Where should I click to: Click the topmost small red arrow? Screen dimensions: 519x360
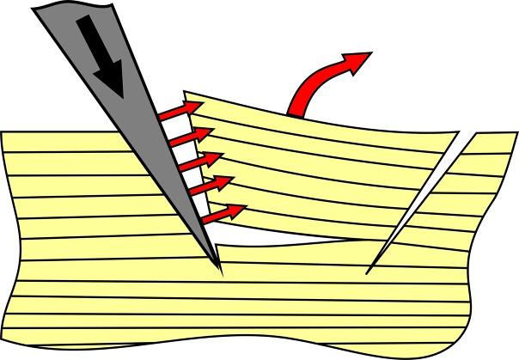tap(180, 110)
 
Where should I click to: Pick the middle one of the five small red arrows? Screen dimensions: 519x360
tap(203, 161)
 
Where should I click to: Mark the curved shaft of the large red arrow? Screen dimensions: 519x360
tap(314, 82)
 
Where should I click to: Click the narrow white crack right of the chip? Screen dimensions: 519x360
tap(421, 202)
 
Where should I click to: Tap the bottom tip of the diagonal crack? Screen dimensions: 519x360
tap(368, 272)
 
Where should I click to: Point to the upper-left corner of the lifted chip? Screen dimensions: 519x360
tap(186, 94)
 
